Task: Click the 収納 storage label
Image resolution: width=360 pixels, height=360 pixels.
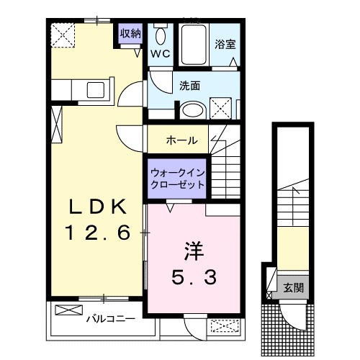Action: coord(130,33)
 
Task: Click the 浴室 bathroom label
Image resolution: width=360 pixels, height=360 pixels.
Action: coord(225,42)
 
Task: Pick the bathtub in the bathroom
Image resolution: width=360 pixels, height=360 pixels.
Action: coord(192,45)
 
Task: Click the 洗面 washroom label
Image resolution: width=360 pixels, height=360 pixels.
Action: coord(190,85)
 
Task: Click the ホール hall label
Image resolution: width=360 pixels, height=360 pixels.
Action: coord(182,140)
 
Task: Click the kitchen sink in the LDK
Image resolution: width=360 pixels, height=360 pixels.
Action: coord(96,90)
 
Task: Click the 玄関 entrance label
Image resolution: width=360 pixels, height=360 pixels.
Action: coord(292,289)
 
